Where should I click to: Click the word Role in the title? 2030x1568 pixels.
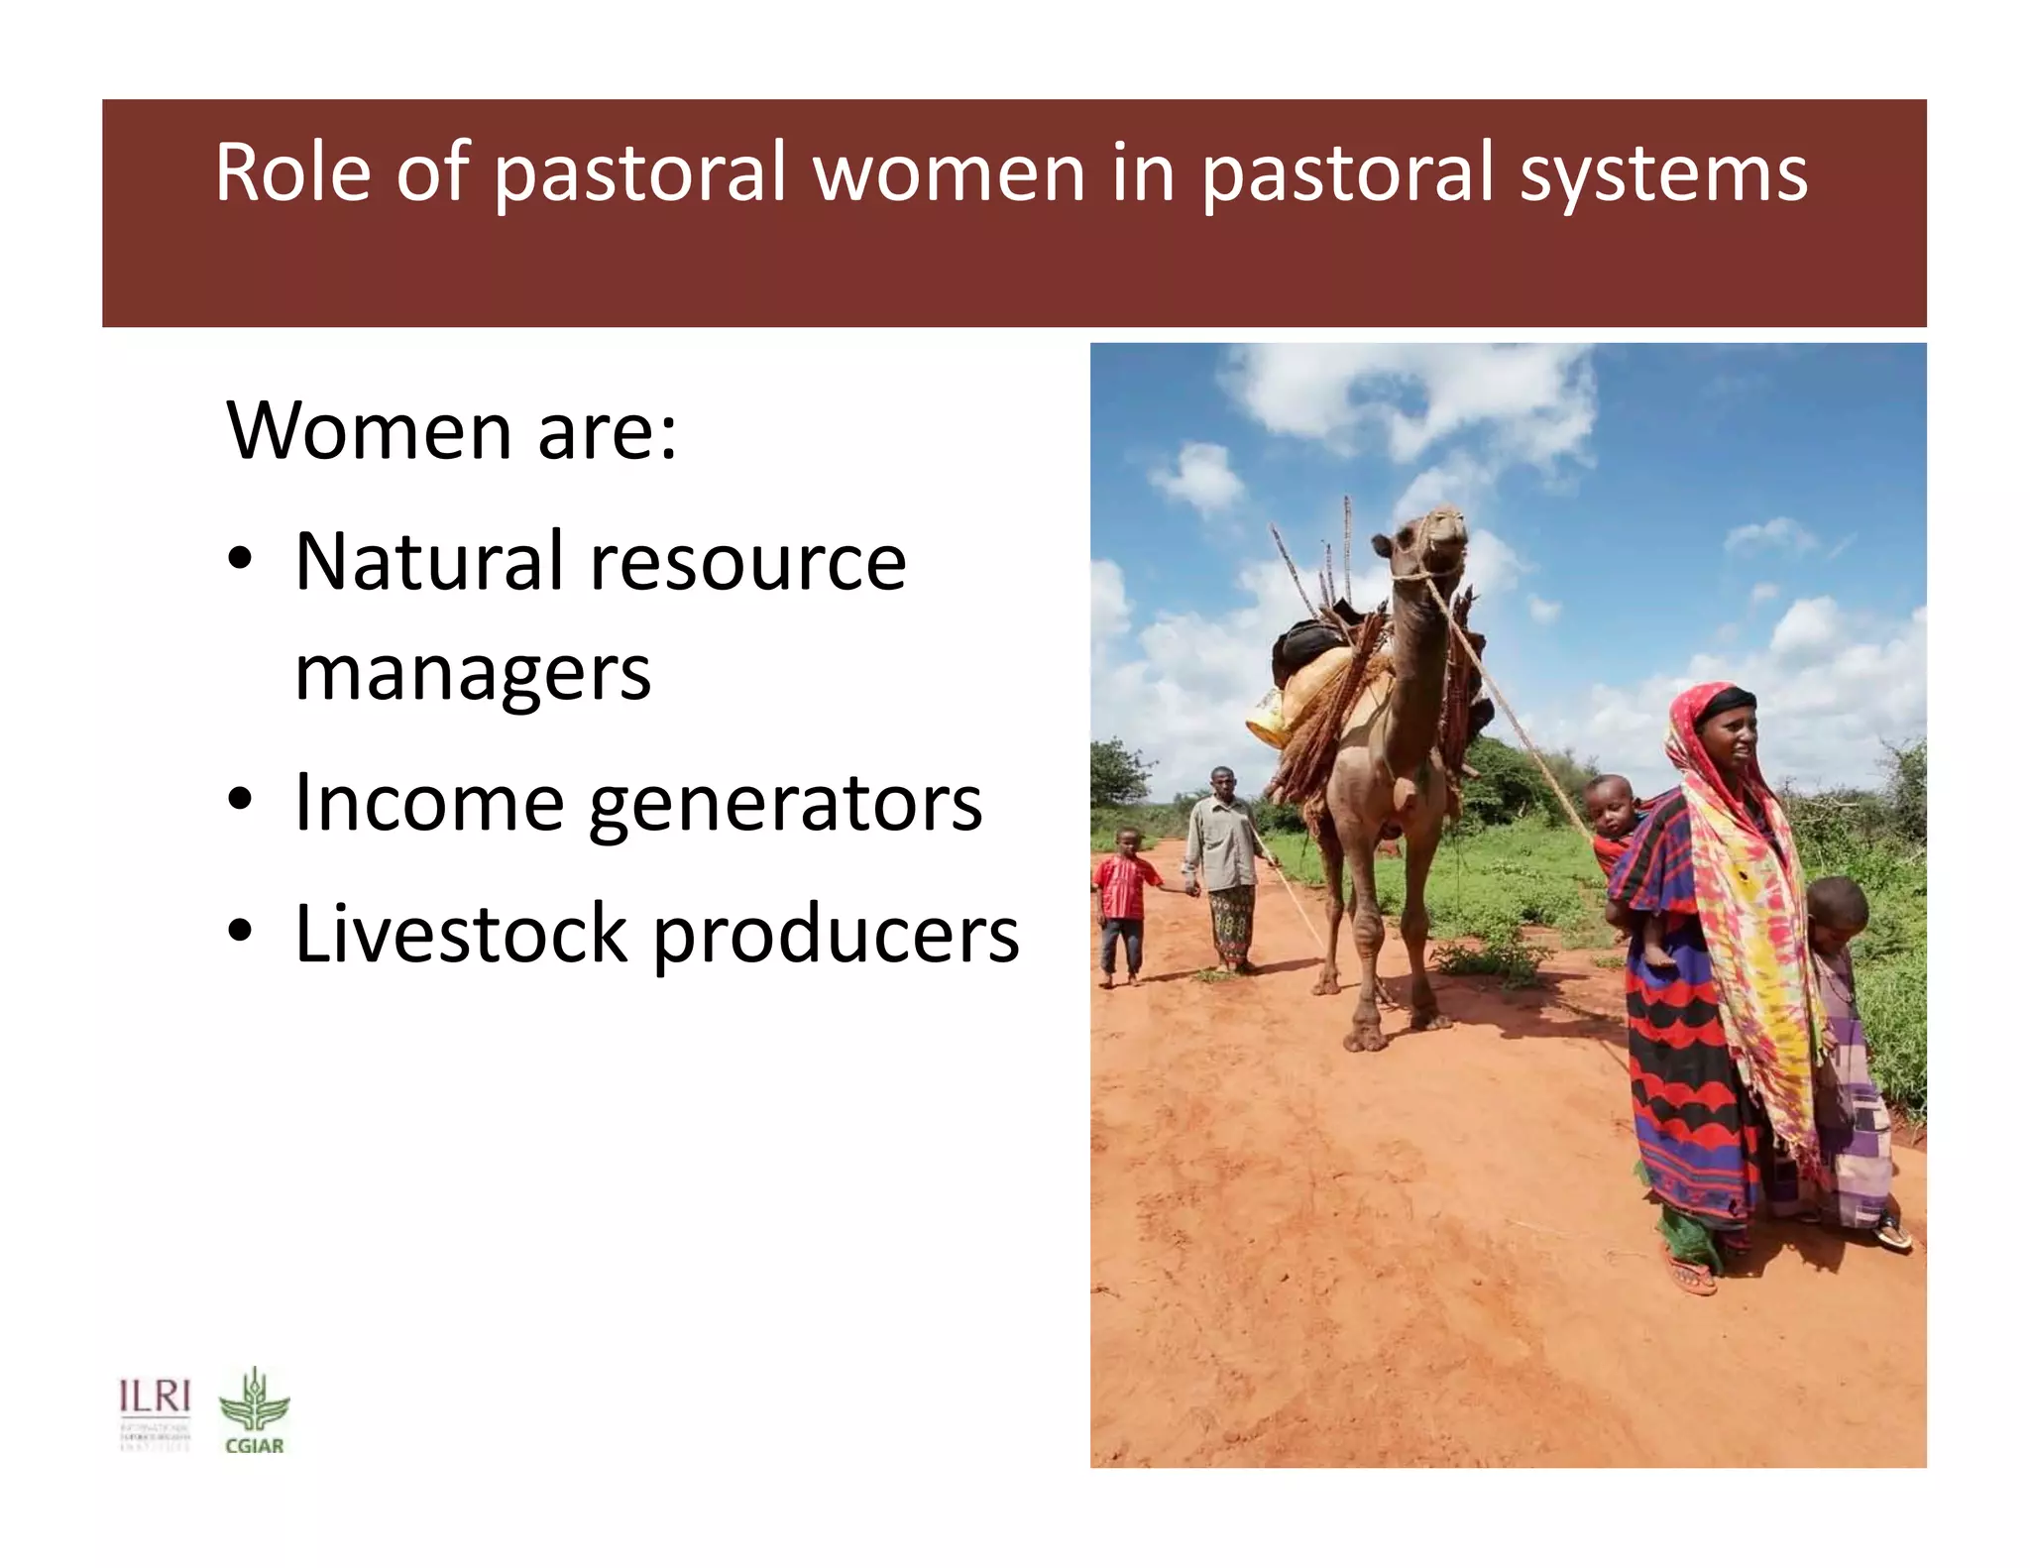(x=292, y=173)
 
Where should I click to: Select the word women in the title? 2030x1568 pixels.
(x=950, y=173)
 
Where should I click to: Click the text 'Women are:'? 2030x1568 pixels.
(x=452, y=432)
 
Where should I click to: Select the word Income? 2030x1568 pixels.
(x=430, y=802)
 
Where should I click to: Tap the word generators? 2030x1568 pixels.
(x=785, y=806)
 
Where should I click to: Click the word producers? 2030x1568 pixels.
(x=836, y=937)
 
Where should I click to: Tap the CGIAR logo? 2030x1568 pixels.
(x=255, y=1411)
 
